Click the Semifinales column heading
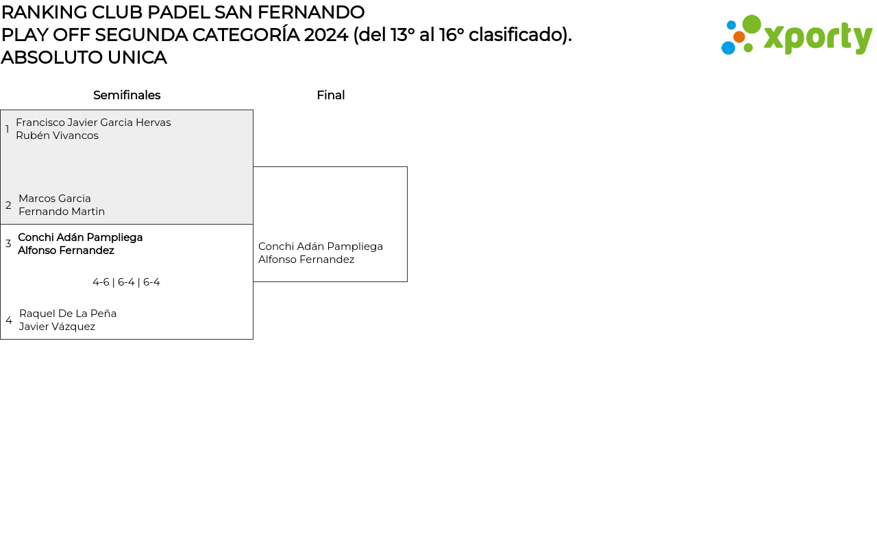tap(127, 95)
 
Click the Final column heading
tap(330, 95)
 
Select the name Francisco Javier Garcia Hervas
tap(93, 123)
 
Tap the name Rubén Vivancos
tap(57, 136)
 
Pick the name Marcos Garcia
tap(55, 199)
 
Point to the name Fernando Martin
tap(62, 212)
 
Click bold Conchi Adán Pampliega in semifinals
tap(80, 238)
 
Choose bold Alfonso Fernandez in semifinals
tap(66, 251)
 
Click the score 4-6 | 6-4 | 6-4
tap(126, 282)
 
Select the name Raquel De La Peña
tap(68, 314)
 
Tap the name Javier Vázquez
tap(57, 327)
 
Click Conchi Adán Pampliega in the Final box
tap(321, 247)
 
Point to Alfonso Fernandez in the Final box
tap(306, 260)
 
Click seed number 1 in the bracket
tap(8, 129)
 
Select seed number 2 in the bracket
tap(8, 205)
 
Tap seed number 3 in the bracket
tap(8, 244)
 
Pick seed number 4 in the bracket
tap(9, 320)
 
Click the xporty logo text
tap(817, 38)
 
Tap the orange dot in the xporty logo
tap(739, 37)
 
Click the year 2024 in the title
tap(326, 35)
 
